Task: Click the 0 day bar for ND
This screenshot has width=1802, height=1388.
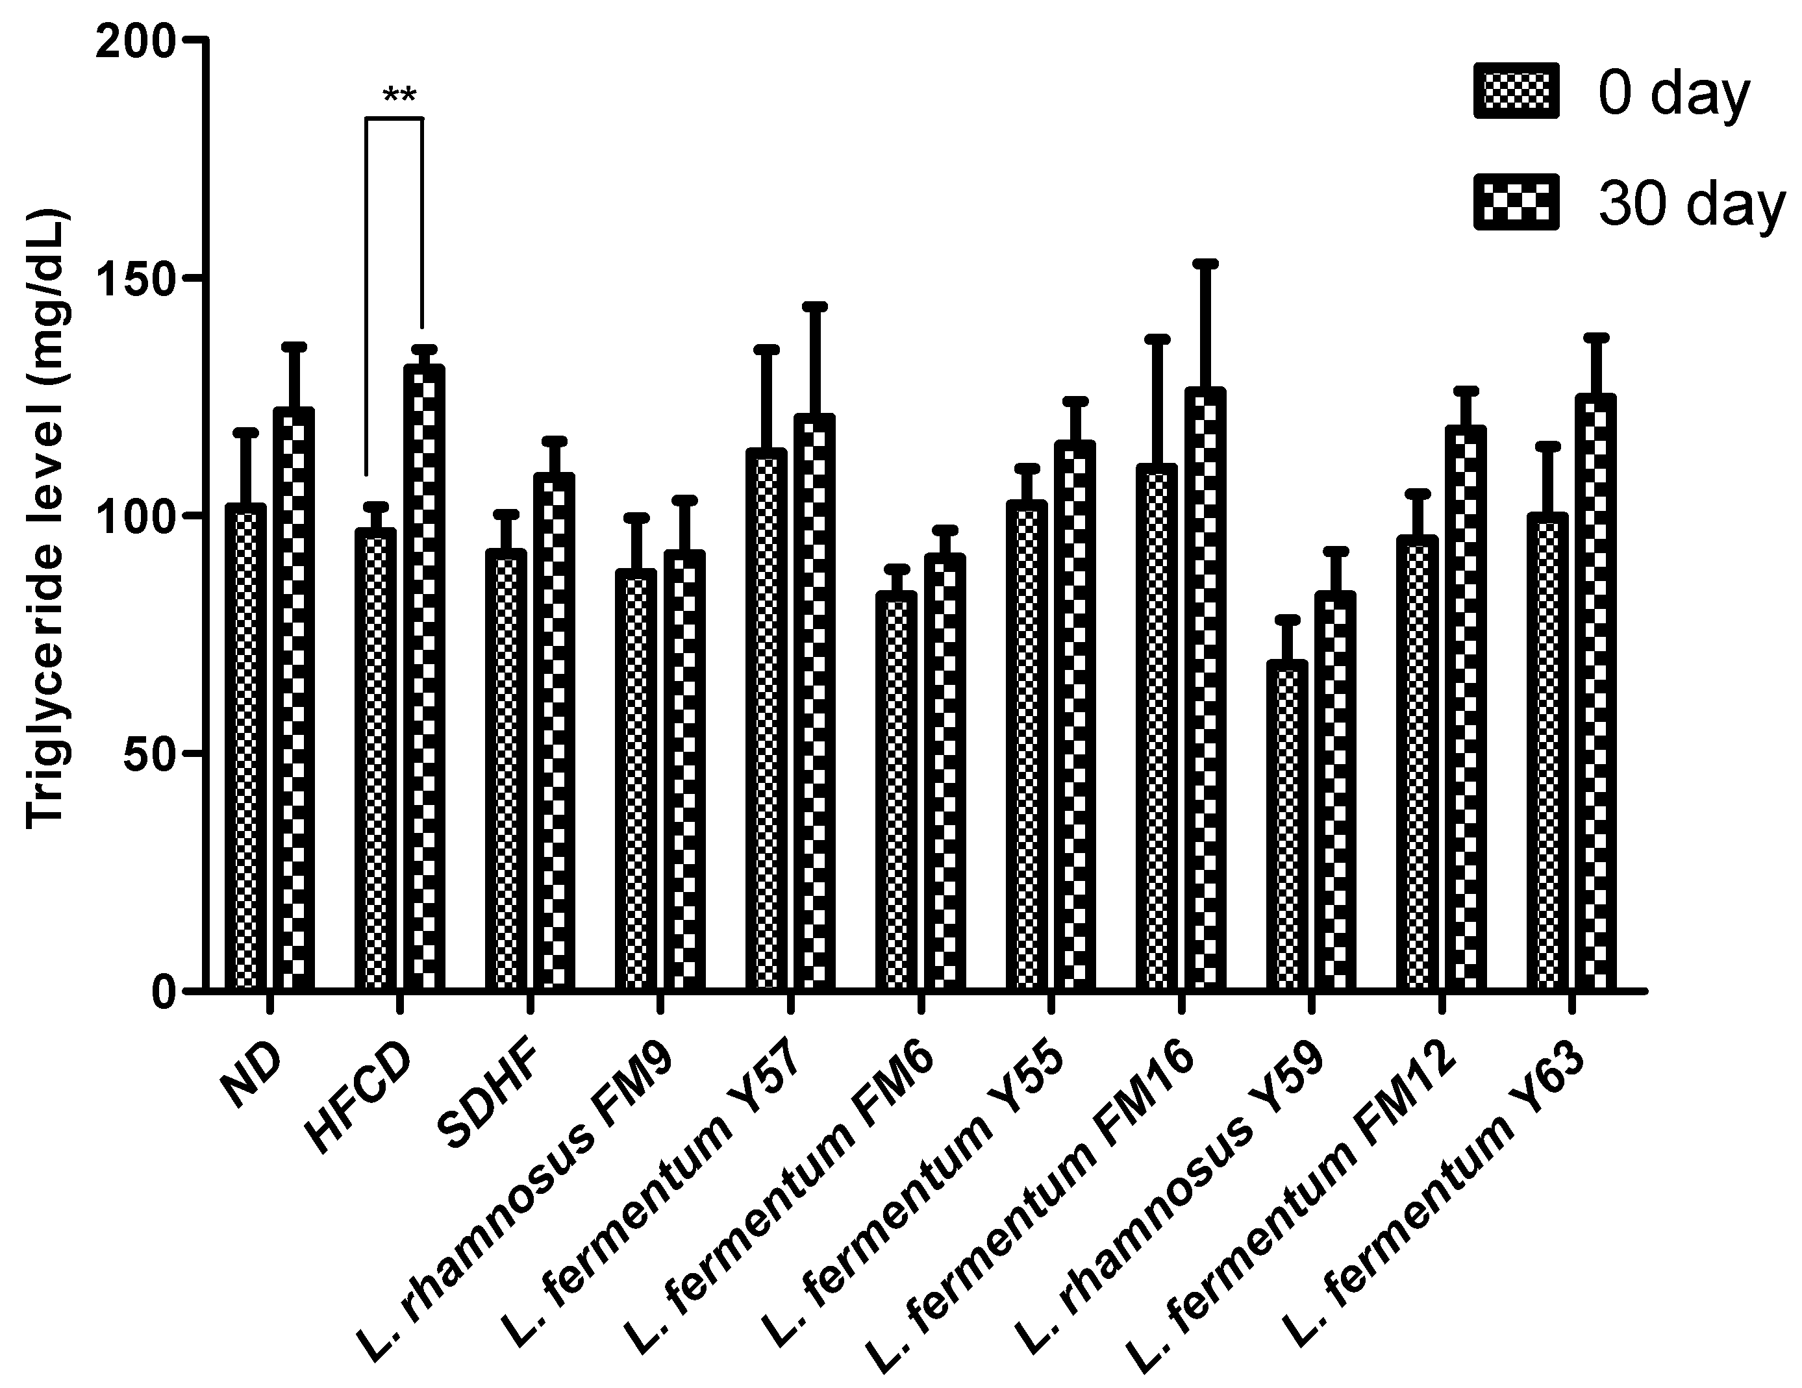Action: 251,747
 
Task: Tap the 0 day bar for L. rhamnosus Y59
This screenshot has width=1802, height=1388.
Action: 1292,824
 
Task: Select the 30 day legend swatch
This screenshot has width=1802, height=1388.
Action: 1516,201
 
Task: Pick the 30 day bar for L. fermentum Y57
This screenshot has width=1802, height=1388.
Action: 814,702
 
